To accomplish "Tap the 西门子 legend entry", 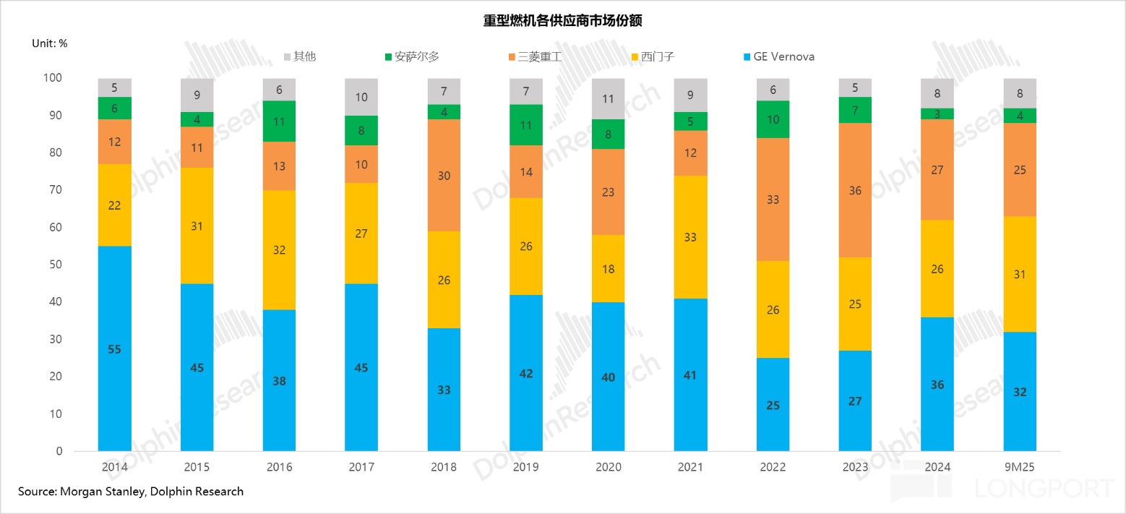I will tap(653, 56).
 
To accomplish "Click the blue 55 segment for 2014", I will tap(115, 348).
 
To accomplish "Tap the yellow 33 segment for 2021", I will tap(690, 237).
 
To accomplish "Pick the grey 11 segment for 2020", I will tap(608, 99).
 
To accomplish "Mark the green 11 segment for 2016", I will tap(280, 121).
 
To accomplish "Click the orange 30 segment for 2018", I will tap(444, 176).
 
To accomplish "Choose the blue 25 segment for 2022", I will tap(773, 404).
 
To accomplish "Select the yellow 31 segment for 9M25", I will tap(1020, 274).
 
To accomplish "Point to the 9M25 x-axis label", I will tap(1020, 467).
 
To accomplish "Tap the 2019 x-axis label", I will tap(526, 467).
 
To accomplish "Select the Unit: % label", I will tap(50, 43).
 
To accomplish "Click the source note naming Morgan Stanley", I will tap(131, 492).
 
